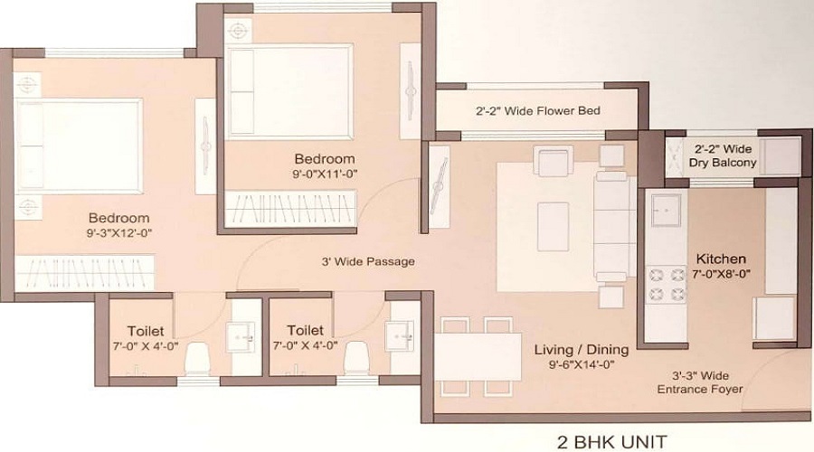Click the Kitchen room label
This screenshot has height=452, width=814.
tap(721, 259)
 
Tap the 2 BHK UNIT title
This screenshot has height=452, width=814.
tap(612, 442)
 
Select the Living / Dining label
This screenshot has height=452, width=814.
tap(582, 350)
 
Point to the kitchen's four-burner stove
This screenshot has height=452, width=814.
tap(666, 285)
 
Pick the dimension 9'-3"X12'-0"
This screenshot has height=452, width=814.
tap(118, 233)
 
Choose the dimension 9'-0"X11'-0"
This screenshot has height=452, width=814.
tap(325, 174)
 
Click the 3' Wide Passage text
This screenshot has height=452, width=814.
tap(368, 261)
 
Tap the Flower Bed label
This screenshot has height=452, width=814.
tap(538, 110)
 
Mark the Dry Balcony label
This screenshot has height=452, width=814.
tap(722, 155)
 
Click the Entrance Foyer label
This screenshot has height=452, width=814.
tap(700, 382)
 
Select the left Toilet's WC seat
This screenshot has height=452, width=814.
tap(197, 358)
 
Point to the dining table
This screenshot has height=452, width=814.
tap(478, 357)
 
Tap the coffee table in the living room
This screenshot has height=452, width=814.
tap(554, 227)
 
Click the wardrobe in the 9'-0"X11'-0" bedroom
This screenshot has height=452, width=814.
tap(290, 209)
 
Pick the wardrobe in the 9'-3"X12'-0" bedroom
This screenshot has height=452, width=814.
tap(85, 272)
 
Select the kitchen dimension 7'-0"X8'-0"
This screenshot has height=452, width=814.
tap(722, 274)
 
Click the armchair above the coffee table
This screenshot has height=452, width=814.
tap(554, 161)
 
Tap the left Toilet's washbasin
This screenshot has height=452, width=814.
tap(241, 337)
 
